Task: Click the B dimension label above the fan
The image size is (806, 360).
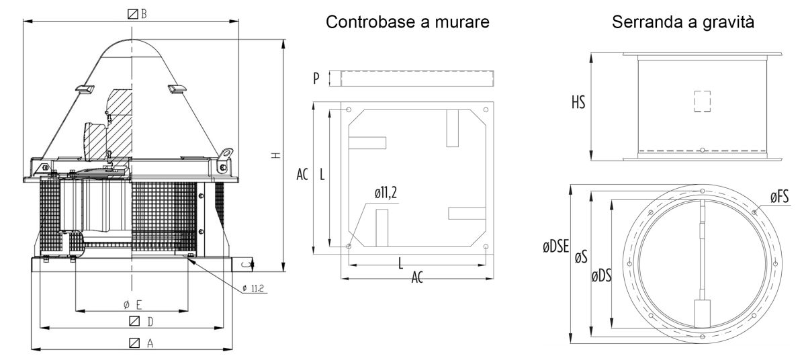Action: click(138, 13)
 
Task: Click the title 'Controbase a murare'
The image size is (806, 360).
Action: click(408, 23)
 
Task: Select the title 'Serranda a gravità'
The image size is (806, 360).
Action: click(682, 23)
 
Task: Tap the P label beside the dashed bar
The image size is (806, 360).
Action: click(316, 78)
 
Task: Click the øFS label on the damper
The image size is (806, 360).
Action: click(779, 197)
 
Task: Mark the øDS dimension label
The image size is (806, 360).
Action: click(602, 275)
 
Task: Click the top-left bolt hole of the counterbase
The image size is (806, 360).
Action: click(347, 109)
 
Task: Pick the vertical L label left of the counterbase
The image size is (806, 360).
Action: click(322, 175)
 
